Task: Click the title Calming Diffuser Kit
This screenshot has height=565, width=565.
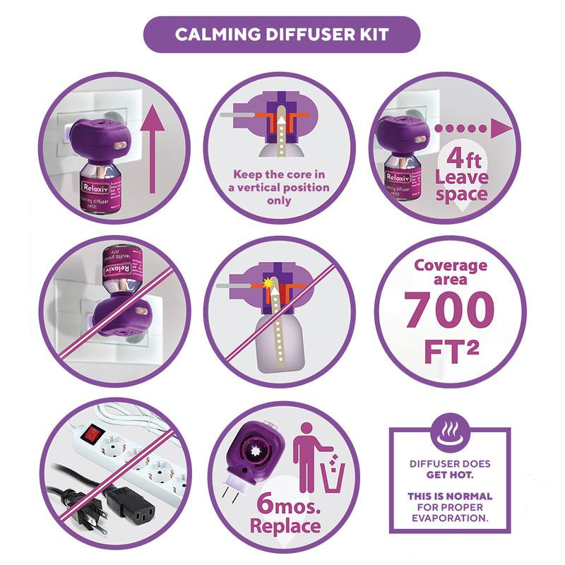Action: click(282, 35)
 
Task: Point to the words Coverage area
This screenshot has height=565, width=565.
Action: click(450, 272)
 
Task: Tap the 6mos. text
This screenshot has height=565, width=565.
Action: click(267, 503)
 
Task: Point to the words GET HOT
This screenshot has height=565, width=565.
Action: click(450, 475)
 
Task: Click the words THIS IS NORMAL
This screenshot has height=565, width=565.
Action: click(450, 496)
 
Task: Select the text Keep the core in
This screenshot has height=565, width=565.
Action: click(280, 174)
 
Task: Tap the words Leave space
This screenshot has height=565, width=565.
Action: click(460, 184)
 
